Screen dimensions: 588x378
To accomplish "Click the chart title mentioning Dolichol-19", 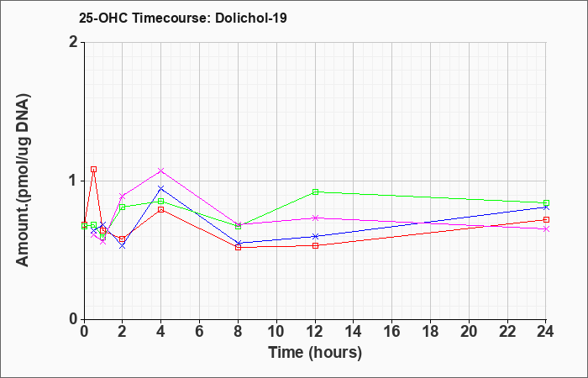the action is pos(183,18).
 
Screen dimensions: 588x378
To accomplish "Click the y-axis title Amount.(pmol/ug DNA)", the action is pos(24,181).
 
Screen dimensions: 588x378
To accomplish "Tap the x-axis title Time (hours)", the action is pos(315,353).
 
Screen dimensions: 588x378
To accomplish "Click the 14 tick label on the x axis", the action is pos(354,332).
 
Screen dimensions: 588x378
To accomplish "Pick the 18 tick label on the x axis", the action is pos(430,332).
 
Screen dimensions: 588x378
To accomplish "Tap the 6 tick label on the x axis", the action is pos(199,332).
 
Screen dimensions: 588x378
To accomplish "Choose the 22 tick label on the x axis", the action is pos(507,332).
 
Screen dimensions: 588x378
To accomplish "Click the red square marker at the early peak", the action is pos(94,170).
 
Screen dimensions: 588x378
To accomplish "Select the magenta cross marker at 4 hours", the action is pos(161,171).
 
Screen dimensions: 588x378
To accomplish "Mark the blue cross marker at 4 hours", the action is pos(161,188).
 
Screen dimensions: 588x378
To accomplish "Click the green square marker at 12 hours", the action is pos(315,192).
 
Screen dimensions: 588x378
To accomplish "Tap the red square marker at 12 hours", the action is pos(315,245).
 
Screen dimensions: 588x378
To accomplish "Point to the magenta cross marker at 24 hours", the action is pos(546,229).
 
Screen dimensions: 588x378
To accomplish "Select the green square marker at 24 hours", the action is pos(546,203).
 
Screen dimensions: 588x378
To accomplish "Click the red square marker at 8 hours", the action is pos(238,248).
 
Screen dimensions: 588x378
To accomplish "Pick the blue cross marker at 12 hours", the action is pos(315,236).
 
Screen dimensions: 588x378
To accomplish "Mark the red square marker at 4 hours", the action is pos(161,210).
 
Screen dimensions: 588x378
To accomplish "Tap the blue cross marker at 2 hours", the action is pos(123,246).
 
